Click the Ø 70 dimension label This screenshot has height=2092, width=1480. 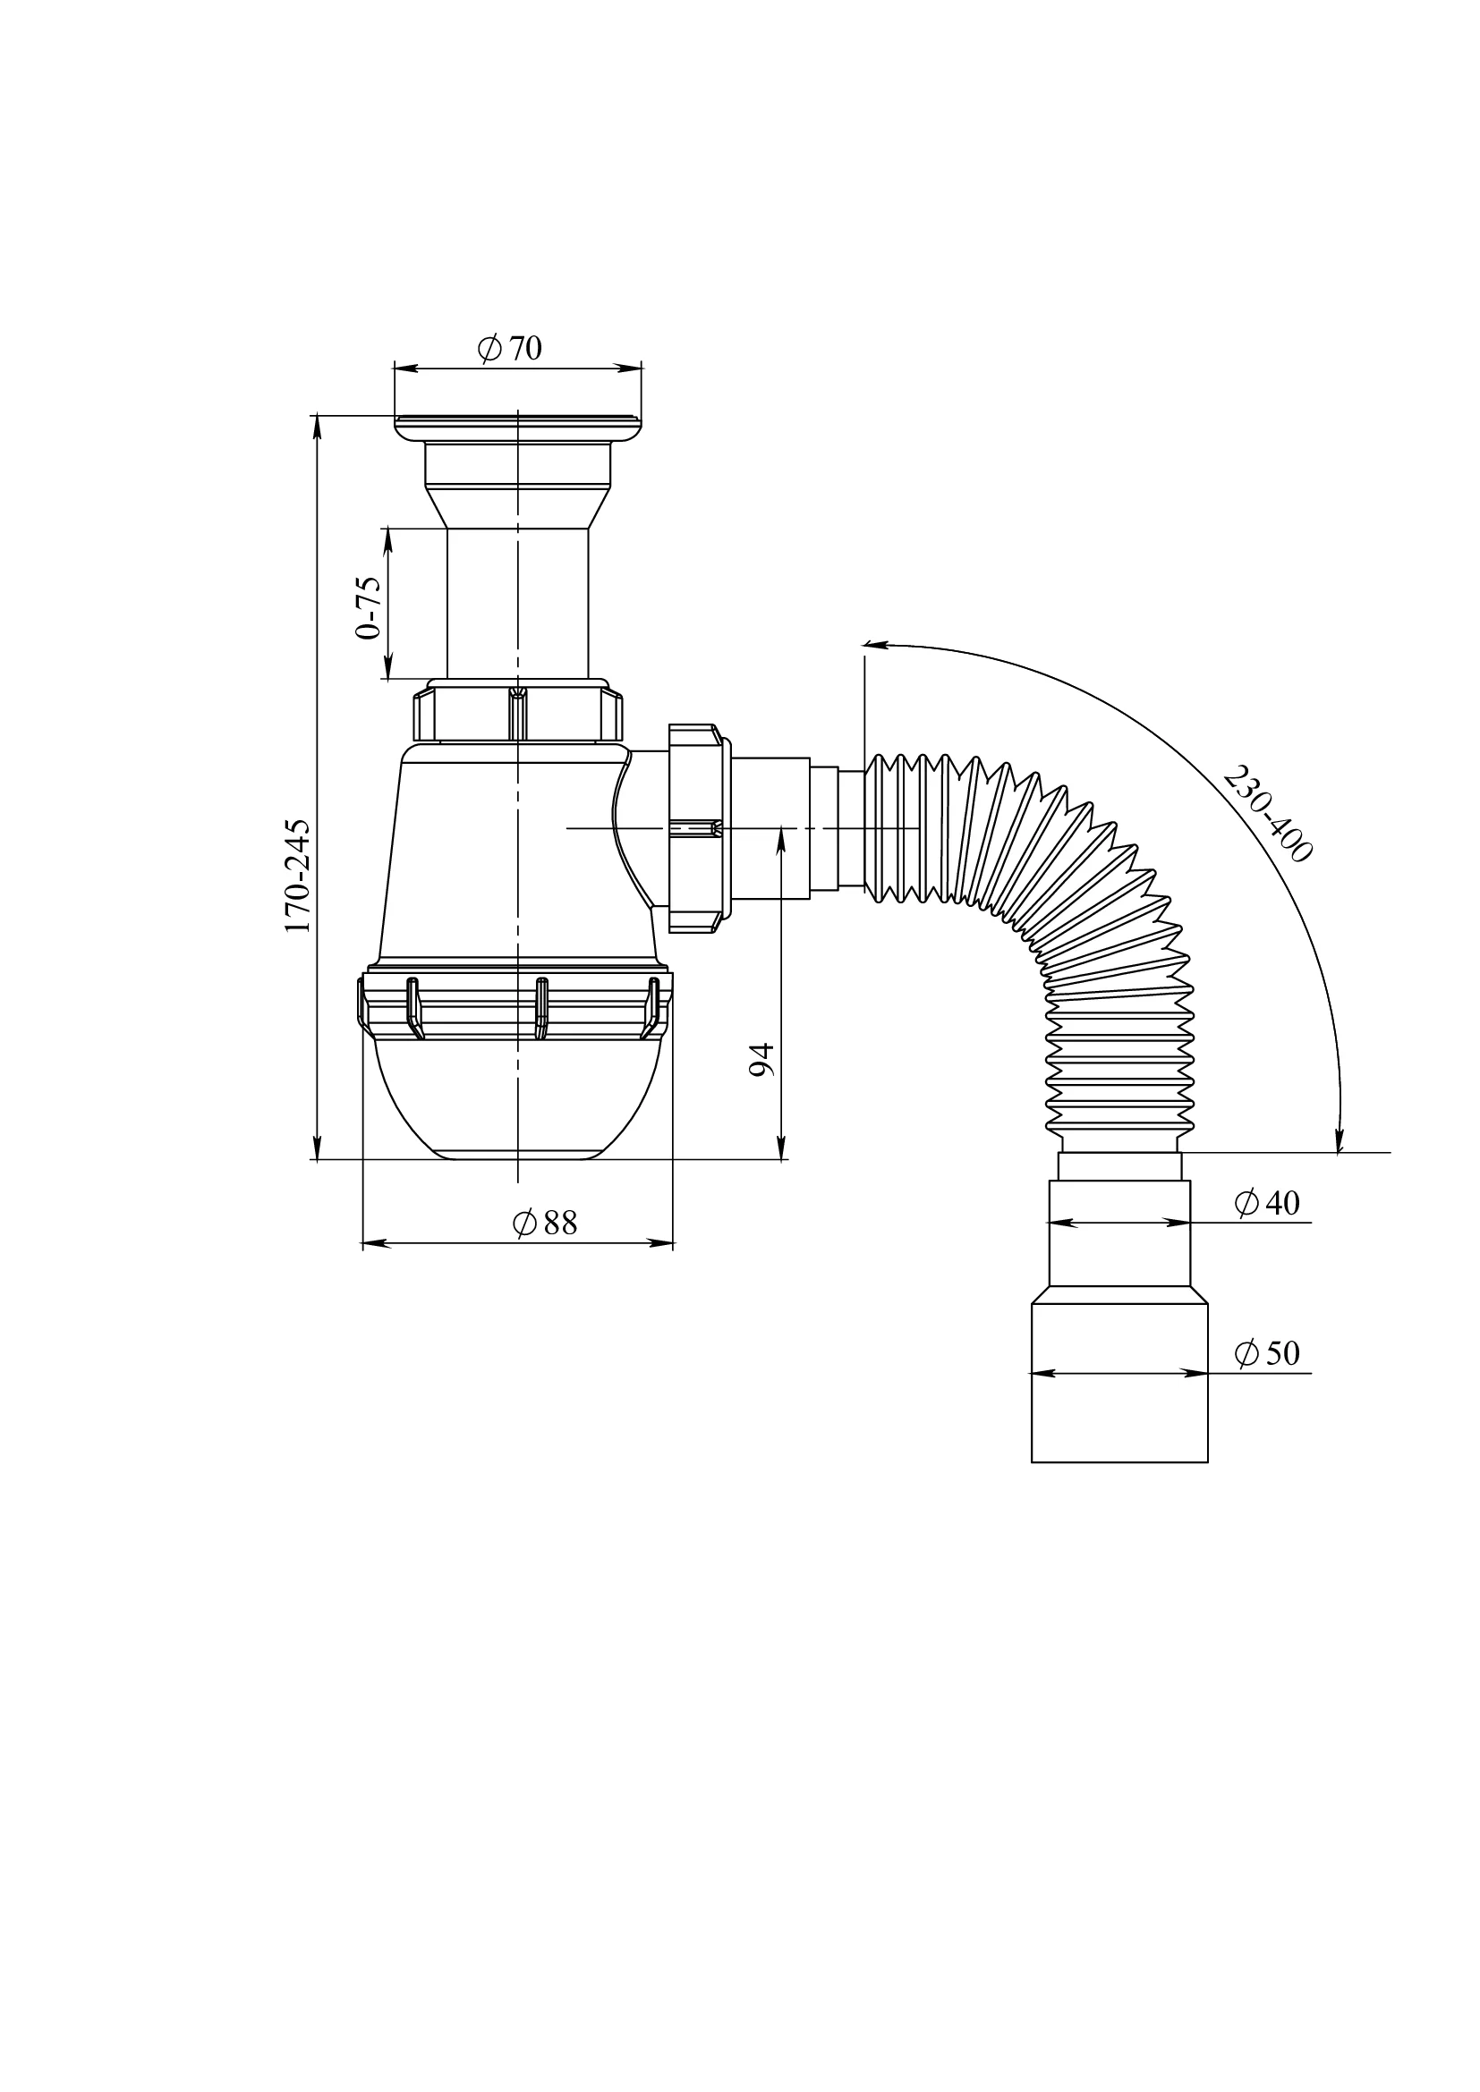tap(509, 348)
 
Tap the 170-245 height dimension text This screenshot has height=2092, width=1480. tap(298, 876)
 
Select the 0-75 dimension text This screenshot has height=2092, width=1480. tap(368, 606)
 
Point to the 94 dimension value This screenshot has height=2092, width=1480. tap(761, 1060)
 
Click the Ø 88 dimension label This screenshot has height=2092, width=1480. tap(545, 1223)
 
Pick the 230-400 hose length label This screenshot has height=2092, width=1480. tap(1268, 814)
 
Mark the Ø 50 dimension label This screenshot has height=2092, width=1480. tap(1267, 1353)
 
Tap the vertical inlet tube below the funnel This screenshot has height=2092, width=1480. tap(517, 603)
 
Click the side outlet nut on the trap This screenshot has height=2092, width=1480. tap(696, 828)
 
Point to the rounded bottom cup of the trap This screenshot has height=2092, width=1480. tap(516, 1099)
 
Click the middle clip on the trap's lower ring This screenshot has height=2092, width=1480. tap(541, 1008)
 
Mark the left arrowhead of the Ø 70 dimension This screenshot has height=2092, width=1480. tap(406, 368)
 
